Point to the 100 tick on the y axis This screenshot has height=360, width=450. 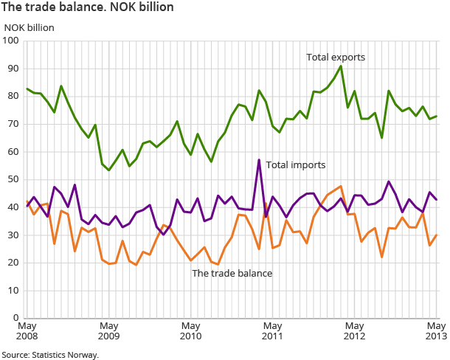[11, 41]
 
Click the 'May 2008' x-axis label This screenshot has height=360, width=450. [27, 330]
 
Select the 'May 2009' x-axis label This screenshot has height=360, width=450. [108, 330]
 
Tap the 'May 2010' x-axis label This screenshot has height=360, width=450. [190, 330]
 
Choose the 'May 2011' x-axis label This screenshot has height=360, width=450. [272, 330]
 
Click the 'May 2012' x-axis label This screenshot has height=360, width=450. [354, 330]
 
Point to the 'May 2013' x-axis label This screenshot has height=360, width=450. [435, 330]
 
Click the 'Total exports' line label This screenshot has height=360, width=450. [336, 57]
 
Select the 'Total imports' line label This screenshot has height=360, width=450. [296, 165]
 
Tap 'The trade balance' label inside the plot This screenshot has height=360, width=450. [232, 273]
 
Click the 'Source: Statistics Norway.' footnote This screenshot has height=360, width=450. [49, 354]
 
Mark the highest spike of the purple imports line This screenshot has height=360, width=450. [259, 159]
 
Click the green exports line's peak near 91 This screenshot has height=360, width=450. [341, 66]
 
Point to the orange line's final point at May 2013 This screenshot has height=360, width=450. [436, 235]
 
